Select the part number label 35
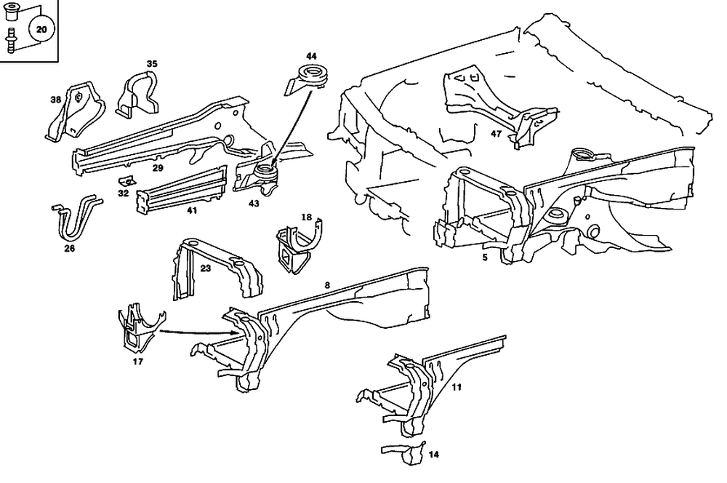coord(151,64)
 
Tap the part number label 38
coord(55,100)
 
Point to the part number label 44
coord(311,56)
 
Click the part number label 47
coord(497,135)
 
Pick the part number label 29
coord(157,168)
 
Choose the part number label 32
coord(124,193)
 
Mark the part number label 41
coord(191,210)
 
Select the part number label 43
coord(253,204)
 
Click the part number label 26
coord(70,248)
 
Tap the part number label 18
coord(306,217)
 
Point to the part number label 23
coord(206,268)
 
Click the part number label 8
coord(327,285)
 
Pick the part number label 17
coord(137,361)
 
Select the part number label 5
coord(483,257)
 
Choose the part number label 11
coord(457,387)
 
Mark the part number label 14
coord(434,455)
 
